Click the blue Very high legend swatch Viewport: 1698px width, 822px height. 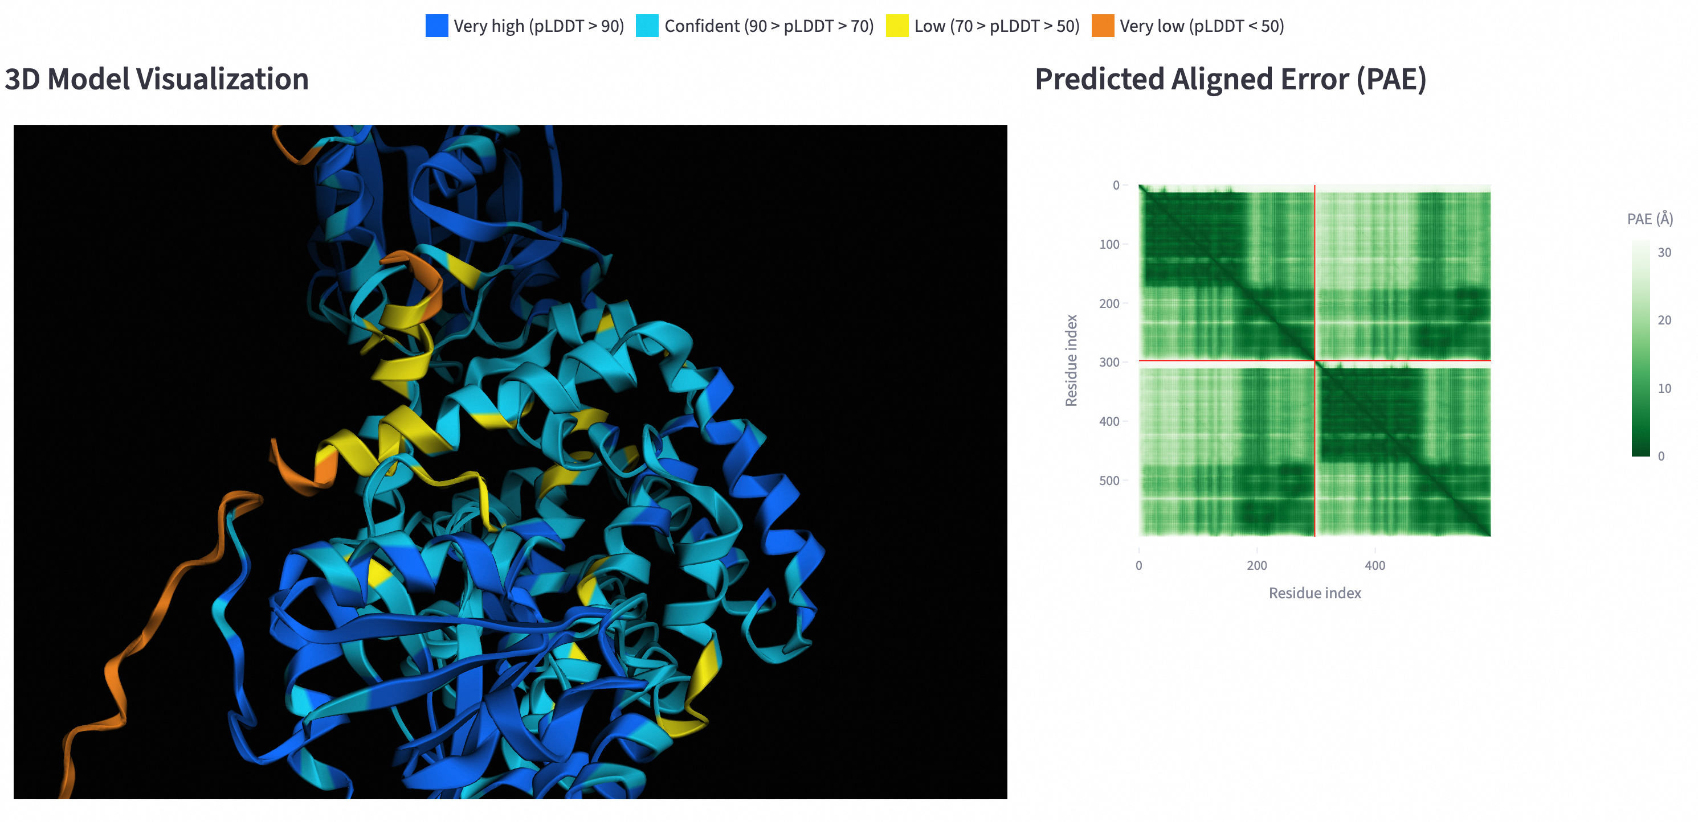pos(436,26)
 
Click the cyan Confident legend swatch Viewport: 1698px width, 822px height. pos(647,26)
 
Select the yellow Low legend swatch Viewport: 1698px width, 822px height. pos(896,26)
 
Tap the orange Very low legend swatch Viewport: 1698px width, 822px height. pos(1102,26)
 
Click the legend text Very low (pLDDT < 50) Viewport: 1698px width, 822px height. pos(1202,26)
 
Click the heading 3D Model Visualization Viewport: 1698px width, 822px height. pos(157,79)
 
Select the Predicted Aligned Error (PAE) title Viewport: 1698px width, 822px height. pos(1230,79)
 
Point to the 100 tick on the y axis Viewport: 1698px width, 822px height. pos(1109,244)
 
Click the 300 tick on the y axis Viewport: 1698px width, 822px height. pos(1109,362)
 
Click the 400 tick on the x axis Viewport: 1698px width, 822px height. pos(1375,565)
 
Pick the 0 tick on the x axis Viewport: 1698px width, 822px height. pos(1139,565)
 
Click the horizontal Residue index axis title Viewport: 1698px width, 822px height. pos(1315,593)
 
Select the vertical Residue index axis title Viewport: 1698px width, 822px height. pos(1071,360)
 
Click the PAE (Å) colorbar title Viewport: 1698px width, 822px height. pos(1650,219)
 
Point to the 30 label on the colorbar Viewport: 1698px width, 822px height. pos(1664,252)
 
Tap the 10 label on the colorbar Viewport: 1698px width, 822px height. pos(1664,389)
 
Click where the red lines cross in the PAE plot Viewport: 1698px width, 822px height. pos(1315,360)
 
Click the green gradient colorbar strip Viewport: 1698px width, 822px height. pos(1640,348)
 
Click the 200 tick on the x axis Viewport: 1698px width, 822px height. pos(1257,565)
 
